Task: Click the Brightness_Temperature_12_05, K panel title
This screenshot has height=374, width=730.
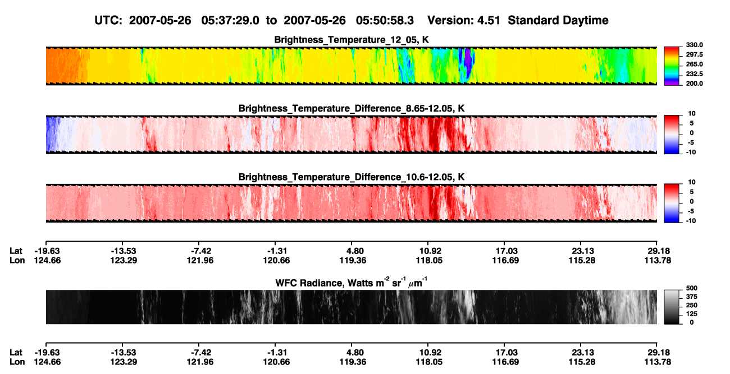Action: click(352, 40)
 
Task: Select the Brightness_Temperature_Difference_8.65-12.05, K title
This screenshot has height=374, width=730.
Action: click(352, 108)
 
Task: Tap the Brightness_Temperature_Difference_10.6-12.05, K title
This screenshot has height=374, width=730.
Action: click(352, 177)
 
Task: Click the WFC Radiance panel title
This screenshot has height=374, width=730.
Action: click(352, 283)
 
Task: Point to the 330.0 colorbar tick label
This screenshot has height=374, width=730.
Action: click(694, 45)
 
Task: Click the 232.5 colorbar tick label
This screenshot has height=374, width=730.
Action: click(694, 74)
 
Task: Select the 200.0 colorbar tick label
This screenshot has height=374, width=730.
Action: click(694, 84)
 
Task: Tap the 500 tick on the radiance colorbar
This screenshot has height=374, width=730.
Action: click(692, 288)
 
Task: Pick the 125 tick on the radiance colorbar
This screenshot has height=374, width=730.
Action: click(692, 314)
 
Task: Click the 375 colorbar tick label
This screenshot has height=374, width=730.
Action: click(692, 297)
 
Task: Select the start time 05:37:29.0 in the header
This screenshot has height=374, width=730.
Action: click(230, 20)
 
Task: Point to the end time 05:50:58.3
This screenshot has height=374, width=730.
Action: click(385, 20)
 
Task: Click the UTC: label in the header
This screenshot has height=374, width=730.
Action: click(108, 20)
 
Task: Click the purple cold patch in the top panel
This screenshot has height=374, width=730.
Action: click(468, 61)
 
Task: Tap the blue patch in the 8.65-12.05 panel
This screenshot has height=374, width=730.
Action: click(52, 134)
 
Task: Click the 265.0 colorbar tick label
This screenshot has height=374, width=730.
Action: click(694, 64)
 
